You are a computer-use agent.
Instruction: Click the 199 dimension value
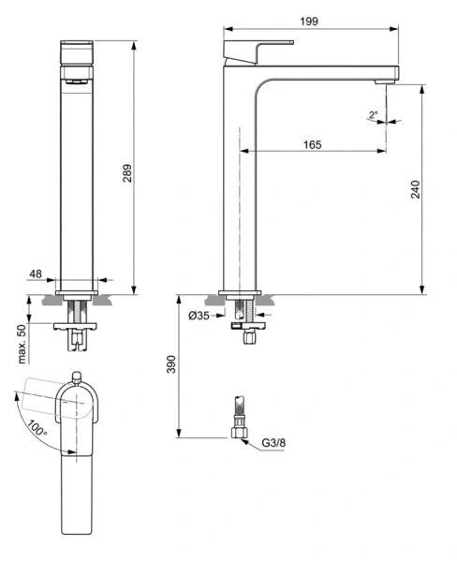309,22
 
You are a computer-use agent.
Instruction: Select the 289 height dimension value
127,173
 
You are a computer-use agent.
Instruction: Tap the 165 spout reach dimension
312,144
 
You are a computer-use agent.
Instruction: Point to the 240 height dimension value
415,189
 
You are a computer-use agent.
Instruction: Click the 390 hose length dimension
171,364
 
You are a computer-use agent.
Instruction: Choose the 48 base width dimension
36,274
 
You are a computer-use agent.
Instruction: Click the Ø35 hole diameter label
199,316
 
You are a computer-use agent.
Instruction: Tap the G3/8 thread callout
273,443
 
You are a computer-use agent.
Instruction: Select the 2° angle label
373,114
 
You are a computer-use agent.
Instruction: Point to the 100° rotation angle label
37,428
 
